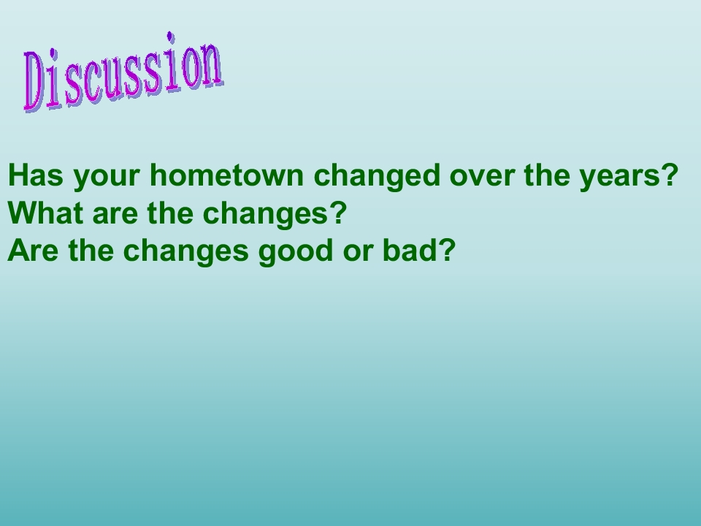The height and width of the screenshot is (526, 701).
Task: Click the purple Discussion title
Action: tap(123, 72)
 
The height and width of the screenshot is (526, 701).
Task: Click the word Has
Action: tap(36, 175)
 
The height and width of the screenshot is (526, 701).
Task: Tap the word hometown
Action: tap(226, 175)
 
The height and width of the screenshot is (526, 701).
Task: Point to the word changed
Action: tap(378, 177)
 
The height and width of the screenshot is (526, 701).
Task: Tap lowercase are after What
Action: tap(115, 215)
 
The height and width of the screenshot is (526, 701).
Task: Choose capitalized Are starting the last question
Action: tap(33, 251)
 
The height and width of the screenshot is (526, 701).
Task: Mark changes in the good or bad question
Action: tap(185, 253)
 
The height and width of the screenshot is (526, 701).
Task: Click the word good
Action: tap(296, 253)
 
